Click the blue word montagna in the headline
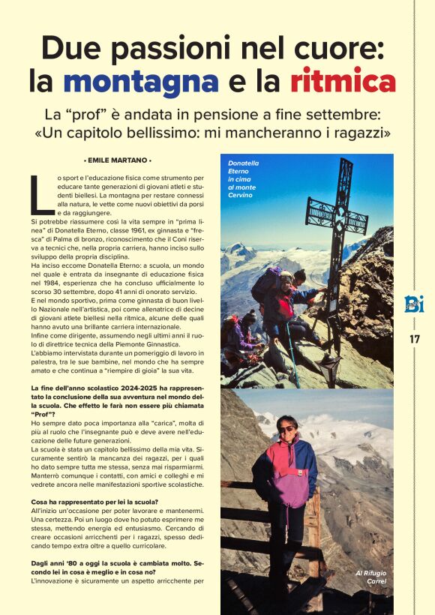(141, 80)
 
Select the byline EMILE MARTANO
(118, 160)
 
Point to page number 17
(415, 339)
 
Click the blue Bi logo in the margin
(414, 304)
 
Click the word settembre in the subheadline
(344, 116)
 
